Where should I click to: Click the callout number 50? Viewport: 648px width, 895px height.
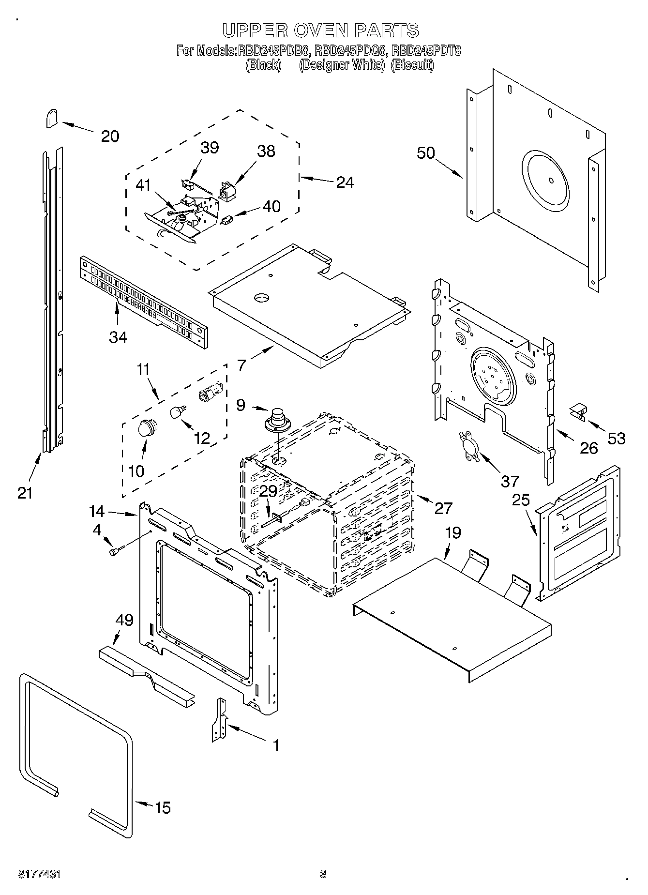click(426, 153)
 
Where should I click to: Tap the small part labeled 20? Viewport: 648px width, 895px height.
click(52, 118)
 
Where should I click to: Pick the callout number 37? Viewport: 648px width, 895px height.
click(509, 481)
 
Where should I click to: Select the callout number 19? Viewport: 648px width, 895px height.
click(453, 533)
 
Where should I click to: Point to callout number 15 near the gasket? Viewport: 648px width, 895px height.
click(163, 807)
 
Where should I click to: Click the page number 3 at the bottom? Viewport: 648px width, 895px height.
click(323, 874)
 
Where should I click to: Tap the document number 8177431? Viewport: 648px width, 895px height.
click(40, 874)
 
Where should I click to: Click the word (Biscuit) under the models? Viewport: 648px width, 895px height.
click(412, 65)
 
